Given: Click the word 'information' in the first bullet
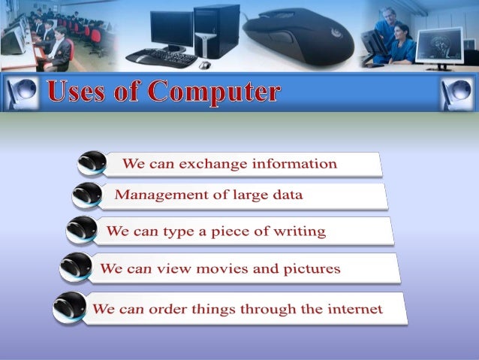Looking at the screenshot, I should click(x=294, y=163).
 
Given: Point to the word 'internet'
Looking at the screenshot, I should click(x=354, y=308).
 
